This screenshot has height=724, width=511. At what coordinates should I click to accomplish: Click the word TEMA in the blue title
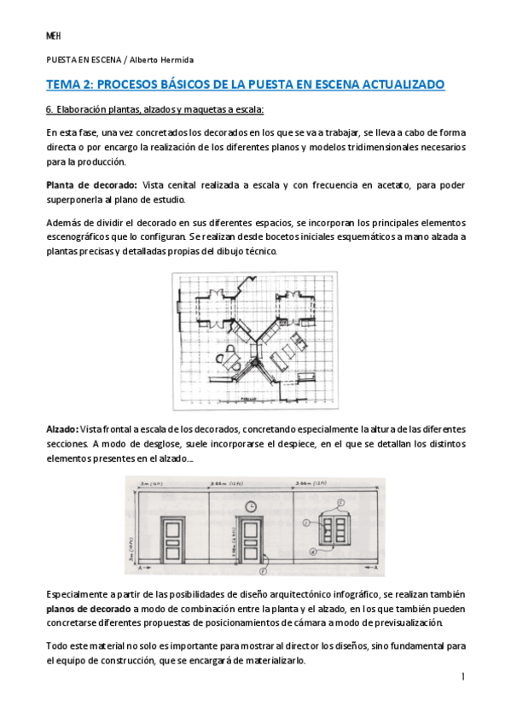coord(64,85)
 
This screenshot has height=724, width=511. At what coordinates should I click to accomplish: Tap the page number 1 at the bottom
coord(462,677)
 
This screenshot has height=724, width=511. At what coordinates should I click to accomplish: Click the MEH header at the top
coord(52,36)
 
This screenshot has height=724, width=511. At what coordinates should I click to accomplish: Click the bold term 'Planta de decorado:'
coord(91,185)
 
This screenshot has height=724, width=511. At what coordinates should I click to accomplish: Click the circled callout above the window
coord(341,502)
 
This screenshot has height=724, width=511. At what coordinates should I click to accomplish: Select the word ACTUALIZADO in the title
coord(397,85)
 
